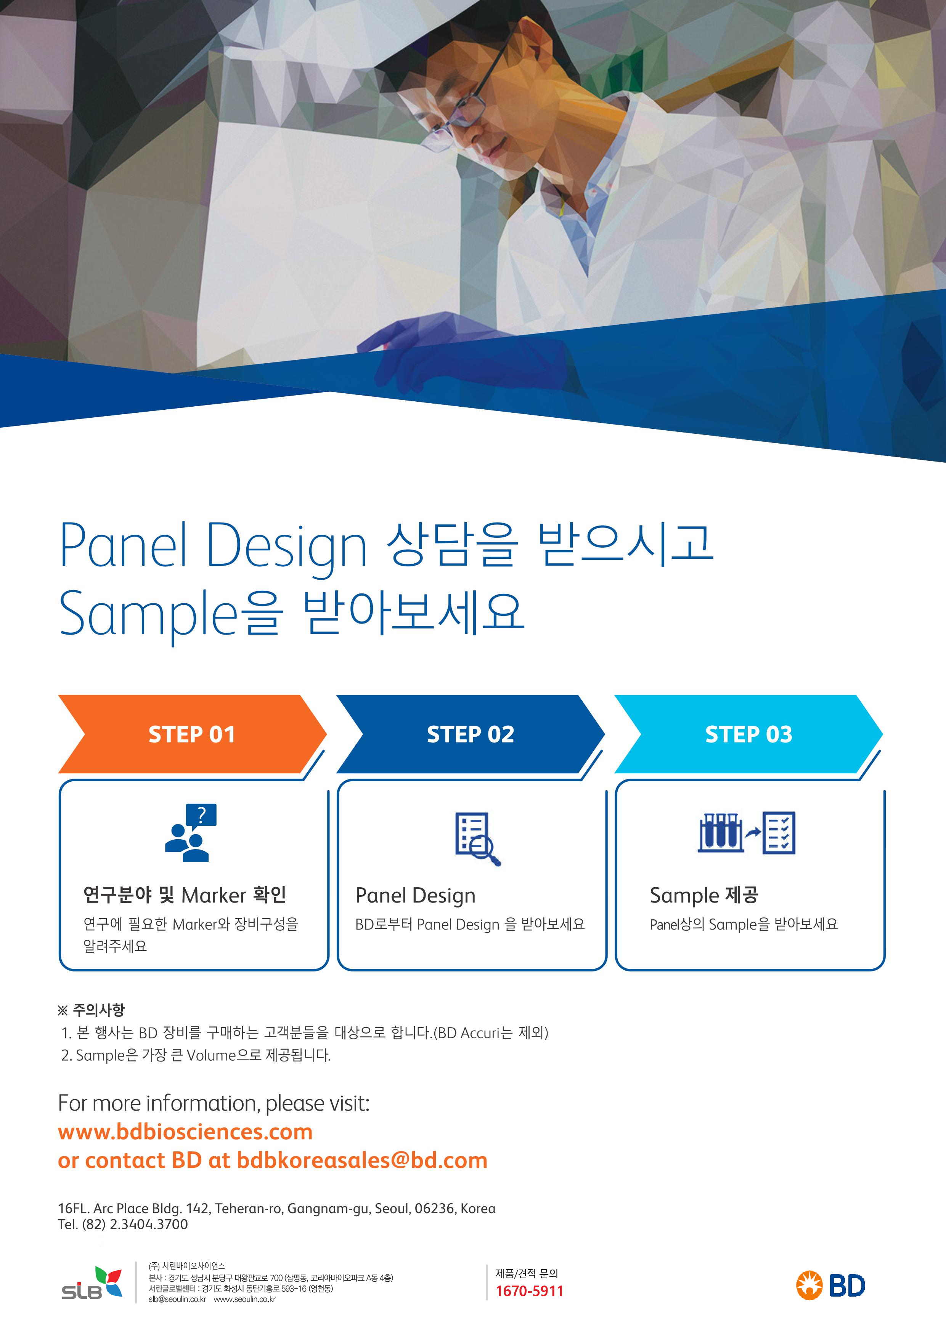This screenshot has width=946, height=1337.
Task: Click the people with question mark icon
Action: [191, 833]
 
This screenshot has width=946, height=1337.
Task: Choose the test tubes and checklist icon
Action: [746, 833]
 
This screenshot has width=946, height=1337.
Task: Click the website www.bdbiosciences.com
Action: [185, 1132]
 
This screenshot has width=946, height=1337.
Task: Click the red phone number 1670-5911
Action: [530, 1291]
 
